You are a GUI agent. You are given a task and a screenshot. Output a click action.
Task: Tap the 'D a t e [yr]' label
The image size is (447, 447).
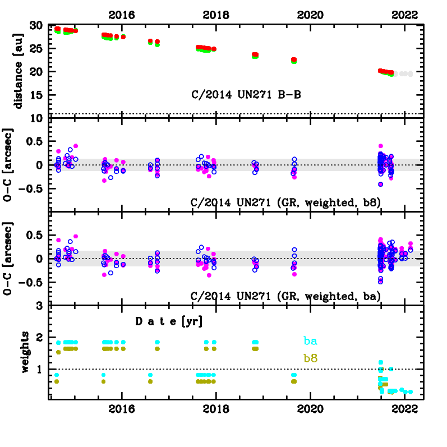[x=169, y=322]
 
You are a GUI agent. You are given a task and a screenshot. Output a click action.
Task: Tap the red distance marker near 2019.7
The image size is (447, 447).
[x=294, y=59]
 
